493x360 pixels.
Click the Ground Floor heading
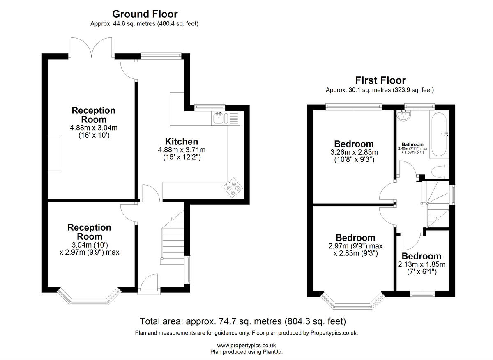coord(145,14)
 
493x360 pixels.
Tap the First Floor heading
coord(380,80)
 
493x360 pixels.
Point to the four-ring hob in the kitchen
coord(233,187)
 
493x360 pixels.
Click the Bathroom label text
coord(412,144)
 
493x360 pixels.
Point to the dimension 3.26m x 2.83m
coord(354,152)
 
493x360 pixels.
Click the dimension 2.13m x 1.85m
coord(422,264)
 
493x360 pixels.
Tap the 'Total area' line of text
coord(243,321)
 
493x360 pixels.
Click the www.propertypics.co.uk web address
coord(246,346)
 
